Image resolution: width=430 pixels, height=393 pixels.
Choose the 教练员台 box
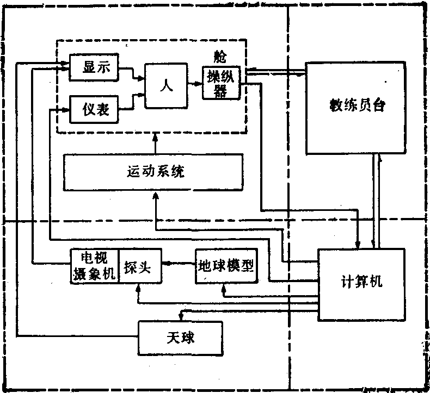357,108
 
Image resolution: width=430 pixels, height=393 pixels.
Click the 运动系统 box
152,172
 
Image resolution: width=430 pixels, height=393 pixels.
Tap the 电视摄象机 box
95,265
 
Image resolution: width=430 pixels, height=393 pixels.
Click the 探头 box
139,265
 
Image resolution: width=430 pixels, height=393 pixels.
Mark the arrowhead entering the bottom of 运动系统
156,194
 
